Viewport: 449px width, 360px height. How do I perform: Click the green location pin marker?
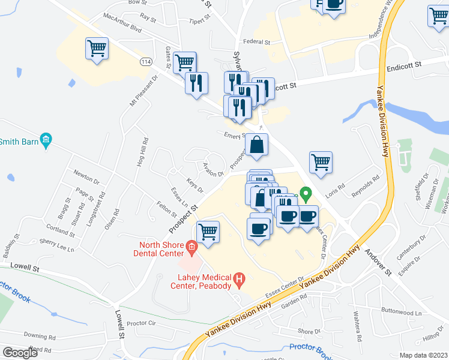[305, 195]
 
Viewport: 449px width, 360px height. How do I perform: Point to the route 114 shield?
[145, 62]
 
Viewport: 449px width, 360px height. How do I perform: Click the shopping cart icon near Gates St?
[185, 62]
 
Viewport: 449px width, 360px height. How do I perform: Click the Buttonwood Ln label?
[401, 312]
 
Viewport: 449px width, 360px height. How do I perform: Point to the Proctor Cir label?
[142, 323]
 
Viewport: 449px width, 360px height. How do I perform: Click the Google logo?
[20, 353]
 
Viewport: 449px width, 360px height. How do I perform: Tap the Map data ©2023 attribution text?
[423, 355]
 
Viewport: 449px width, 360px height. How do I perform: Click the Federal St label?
[257, 43]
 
